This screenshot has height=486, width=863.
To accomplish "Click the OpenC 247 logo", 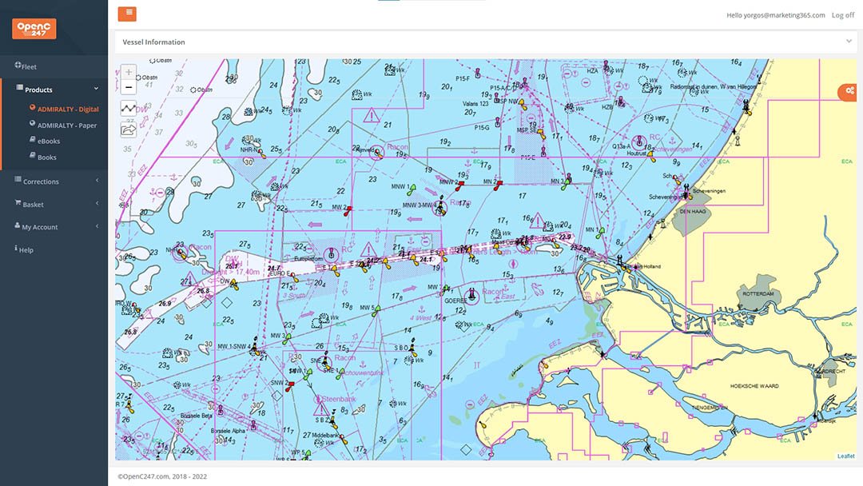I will point(34,29).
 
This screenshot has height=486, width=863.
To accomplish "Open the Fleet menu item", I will point(29,66).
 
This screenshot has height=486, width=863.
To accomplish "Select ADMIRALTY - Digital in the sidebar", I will point(68,109).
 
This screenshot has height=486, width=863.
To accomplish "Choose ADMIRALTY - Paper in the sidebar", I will point(67,125).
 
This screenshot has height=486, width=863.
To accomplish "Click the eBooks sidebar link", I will point(49,141).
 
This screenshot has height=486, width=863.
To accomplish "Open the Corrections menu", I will point(41,181).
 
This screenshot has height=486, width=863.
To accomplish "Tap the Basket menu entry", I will point(33,205).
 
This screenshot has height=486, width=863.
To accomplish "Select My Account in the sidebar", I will point(40,227).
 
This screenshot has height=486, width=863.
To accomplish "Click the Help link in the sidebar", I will point(26,250).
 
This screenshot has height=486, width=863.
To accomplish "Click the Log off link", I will point(842,15).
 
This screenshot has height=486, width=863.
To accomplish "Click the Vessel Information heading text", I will point(153,42).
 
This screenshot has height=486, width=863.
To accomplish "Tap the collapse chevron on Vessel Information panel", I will point(849,41).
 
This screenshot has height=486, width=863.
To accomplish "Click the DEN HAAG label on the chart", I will point(694,212).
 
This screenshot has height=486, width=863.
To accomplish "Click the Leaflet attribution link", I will point(845,456).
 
